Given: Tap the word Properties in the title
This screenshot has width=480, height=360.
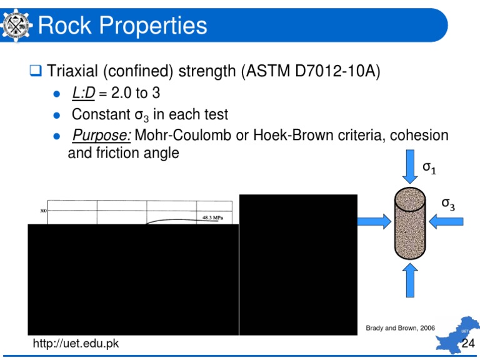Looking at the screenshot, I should click(150, 26).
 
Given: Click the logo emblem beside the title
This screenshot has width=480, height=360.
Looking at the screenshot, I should click(16, 26).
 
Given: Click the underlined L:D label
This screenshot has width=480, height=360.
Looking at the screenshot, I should click(86, 94).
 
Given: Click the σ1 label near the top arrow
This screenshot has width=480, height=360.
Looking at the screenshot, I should click(430, 167).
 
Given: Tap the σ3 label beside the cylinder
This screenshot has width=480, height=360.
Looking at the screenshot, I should click(447, 203).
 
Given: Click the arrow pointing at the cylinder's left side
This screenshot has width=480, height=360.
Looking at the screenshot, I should click(374, 220).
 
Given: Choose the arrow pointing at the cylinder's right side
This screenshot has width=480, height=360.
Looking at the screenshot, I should click(445, 220).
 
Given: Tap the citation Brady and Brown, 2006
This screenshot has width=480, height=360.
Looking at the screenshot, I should click(400, 327).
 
